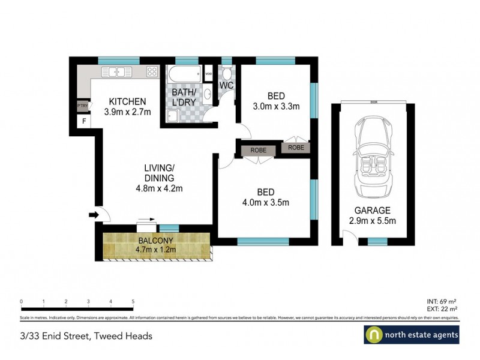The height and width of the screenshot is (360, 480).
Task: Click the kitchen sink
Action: [x=116, y=72]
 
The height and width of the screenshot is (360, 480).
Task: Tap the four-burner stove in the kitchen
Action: [x=152, y=72]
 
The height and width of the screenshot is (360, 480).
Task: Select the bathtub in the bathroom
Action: [x=185, y=74]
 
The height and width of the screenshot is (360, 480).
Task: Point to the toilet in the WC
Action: [x=227, y=74]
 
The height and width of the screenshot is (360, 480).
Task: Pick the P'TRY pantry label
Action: [x=82, y=107]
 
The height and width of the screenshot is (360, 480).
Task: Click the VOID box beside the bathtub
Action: [x=208, y=74]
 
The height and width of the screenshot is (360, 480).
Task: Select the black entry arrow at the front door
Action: [x=93, y=214]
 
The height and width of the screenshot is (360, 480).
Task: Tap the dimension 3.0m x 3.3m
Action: [x=276, y=107]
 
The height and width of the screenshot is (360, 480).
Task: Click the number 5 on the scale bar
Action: [x=133, y=301]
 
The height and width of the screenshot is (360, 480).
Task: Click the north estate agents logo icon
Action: [x=374, y=335]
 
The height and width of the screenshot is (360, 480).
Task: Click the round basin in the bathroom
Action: [x=207, y=94]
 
